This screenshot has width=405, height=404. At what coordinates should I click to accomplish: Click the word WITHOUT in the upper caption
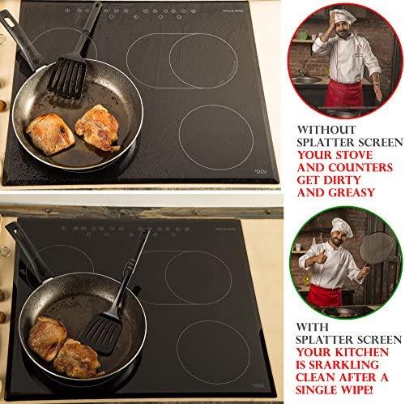[x=326, y=130]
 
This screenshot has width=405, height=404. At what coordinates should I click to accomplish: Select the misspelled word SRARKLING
[x=343, y=365]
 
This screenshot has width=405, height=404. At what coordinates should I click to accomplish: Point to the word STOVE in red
[x=354, y=155]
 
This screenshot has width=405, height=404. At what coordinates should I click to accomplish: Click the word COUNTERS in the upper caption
[x=360, y=168]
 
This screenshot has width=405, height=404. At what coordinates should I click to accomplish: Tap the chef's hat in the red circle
[x=343, y=17]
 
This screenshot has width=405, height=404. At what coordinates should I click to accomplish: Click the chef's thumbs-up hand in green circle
[x=322, y=257]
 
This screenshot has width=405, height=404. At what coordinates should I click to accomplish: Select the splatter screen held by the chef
[x=377, y=250]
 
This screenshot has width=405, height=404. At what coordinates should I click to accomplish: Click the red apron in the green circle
[x=324, y=295]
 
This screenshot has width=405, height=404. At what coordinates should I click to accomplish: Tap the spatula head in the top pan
[x=66, y=77]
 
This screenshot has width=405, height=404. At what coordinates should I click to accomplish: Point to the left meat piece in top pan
[x=50, y=133]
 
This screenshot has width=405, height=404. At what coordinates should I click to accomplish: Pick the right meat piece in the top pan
[x=98, y=127]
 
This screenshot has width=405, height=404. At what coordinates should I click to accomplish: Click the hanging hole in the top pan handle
[x=8, y=21]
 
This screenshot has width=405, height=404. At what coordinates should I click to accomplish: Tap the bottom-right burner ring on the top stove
[x=216, y=105]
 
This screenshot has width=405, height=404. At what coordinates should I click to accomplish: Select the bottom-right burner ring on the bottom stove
[x=213, y=320]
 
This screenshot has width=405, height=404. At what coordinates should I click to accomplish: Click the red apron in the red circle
[x=343, y=93]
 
